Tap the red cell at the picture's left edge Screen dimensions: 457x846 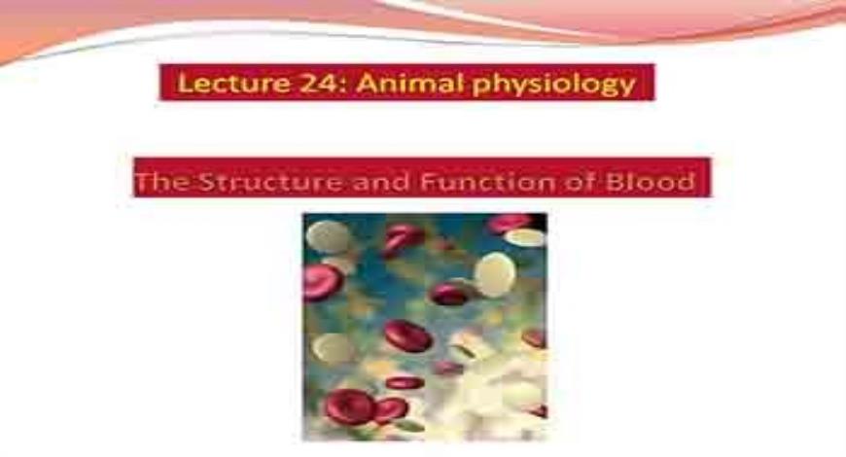tap(320, 282)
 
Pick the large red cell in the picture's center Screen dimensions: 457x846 tap(407, 336)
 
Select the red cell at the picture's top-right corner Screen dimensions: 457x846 tap(511, 223)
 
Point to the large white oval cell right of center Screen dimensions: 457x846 tap(494, 274)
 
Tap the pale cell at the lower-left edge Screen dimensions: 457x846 tap(330, 348)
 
